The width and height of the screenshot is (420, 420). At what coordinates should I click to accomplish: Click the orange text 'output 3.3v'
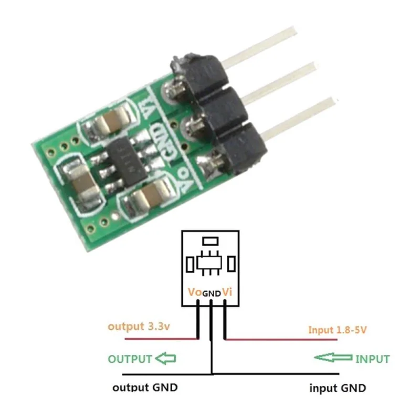click(x=139, y=327)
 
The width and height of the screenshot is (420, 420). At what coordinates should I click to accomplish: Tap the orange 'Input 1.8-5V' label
click(x=337, y=330)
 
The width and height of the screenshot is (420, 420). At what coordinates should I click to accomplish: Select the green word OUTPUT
click(x=130, y=359)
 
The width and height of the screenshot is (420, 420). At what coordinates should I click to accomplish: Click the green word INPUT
click(x=372, y=359)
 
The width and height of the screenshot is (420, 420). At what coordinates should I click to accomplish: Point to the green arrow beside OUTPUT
click(x=165, y=359)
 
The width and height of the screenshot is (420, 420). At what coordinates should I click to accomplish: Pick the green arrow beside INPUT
click(x=333, y=358)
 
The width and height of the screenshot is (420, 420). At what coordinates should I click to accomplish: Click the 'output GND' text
click(x=145, y=387)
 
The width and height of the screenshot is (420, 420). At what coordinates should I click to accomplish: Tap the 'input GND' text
click(x=338, y=388)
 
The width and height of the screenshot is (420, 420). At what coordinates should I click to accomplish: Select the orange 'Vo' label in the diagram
click(x=195, y=292)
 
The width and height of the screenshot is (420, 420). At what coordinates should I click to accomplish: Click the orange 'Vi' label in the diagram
click(x=227, y=292)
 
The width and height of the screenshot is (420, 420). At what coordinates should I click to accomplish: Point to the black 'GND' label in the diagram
click(x=212, y=293)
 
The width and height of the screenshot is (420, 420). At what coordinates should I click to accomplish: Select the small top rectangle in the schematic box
click(x=211, y=241)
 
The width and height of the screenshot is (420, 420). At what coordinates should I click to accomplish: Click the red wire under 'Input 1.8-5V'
click(x=281, y=339)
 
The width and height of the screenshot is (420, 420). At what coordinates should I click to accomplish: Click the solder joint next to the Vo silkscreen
click(x=211, y=166)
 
